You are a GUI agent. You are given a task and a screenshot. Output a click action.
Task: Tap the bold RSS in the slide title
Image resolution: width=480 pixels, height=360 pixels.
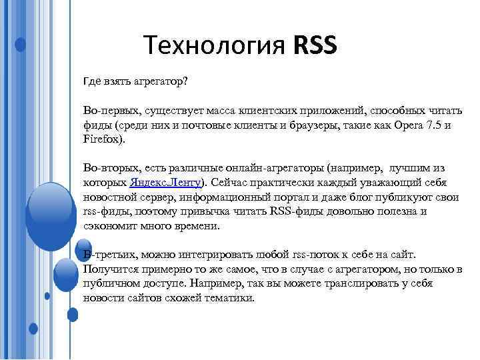click(x=315, y=46)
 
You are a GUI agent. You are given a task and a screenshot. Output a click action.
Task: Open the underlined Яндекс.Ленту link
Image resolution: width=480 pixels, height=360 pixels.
click(x=169, y=182)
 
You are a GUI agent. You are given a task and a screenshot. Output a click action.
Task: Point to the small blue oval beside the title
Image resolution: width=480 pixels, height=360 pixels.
click(x=21, y=45)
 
